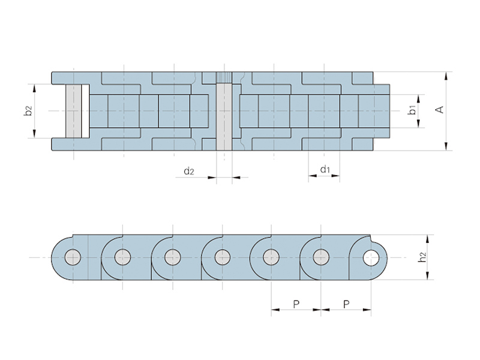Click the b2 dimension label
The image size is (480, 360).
tap(28, 111)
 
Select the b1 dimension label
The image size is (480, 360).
tap(412, 110)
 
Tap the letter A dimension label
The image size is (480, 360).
tap(440, 110)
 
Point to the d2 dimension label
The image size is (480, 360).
tap(189, 171)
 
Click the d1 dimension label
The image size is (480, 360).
tap(325, 169)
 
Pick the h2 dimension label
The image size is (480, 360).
tap(422, 257)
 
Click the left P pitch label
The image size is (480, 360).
tap(296, 304)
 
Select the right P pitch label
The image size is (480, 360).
tap(346, 304)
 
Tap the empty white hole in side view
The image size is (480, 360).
tap(371, 258)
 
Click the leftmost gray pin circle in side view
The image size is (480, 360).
tap(73, 257)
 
